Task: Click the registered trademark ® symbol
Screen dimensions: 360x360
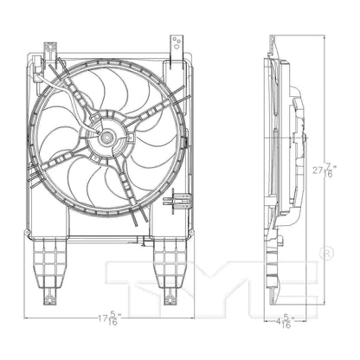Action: coord(327,253)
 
